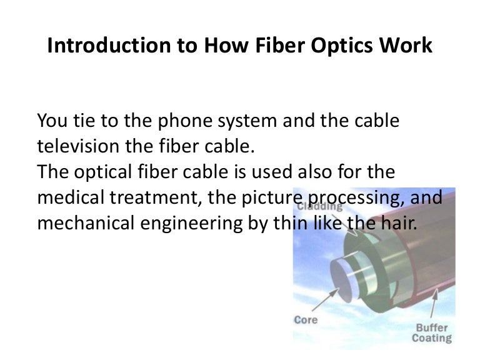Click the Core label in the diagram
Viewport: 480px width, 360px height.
click(x=306, y=319)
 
